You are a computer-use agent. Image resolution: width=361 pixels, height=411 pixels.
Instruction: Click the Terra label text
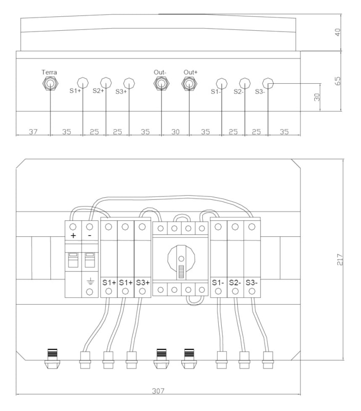(x=49, y=72)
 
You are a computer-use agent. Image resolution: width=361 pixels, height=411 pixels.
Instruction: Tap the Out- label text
(x=160, y=72)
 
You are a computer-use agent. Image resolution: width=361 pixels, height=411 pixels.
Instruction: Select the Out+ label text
(x=191, y=72)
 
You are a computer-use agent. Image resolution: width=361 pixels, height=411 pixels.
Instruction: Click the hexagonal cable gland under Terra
(x=50, y=84)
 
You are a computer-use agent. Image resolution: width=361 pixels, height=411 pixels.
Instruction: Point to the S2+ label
(x=98, y=91)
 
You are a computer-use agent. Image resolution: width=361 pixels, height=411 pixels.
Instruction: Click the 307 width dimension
(x=158, y=391)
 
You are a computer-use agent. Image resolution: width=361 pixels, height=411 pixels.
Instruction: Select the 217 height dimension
(x=340, y=259)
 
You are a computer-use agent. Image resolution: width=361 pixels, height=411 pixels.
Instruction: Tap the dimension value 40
(x=338, y=32)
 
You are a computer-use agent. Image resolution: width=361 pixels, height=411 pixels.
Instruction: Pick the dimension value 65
(x=338, y=81)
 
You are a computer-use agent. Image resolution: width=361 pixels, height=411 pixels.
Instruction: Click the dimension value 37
(x=33, y=132)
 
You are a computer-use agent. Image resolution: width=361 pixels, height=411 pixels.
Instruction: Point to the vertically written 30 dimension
(x=317, y=97)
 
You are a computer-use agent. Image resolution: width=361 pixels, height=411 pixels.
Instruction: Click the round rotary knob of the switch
(x=181, y=259)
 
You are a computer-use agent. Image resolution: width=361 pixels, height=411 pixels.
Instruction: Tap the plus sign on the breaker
(x=73, y=236)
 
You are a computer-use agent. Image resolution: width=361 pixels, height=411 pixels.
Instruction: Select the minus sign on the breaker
(x=89, y=236)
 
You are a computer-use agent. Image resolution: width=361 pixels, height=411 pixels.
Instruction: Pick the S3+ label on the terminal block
(x=143, y=283)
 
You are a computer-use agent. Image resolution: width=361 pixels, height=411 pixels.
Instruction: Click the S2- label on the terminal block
(x=235, y=283)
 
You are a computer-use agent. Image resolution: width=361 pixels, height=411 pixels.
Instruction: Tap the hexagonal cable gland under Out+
(x=189, y=84)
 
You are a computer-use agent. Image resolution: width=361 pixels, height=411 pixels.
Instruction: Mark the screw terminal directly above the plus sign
(x=73, y=227)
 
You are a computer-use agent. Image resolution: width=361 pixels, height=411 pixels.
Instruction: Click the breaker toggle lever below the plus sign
(x=73, y=260)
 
